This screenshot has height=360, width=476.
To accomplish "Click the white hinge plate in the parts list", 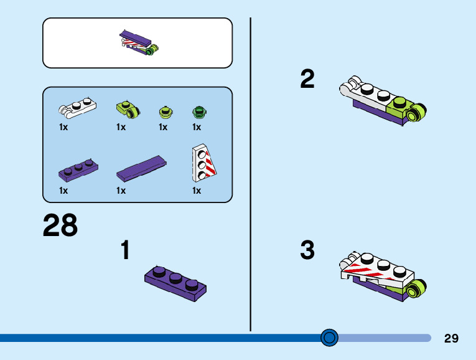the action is coord(77,108).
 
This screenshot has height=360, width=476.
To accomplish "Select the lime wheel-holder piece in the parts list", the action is coord(128,109).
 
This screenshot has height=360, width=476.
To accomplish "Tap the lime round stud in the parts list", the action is coord(166,111).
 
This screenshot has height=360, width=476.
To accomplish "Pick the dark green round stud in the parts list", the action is coord(200,111).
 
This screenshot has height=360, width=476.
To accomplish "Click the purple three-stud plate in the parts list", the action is coord(78,171).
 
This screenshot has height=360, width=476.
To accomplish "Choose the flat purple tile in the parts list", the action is coord(141,169).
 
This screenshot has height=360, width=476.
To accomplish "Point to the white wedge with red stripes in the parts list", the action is coord(204,163).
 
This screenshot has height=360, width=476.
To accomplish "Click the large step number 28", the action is coord(60,225).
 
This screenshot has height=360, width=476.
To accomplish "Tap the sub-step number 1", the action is coord(126,250).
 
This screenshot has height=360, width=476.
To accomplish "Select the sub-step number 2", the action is coord(307,78).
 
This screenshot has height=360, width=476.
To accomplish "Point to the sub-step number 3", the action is coord(307,250).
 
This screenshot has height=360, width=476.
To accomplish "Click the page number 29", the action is coord(451,338).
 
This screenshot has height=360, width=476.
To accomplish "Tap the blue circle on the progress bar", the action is coord(329,338).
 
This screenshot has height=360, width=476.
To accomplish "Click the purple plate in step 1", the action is coord(175,283).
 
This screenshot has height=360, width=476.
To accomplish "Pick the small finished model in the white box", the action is coord(139,43).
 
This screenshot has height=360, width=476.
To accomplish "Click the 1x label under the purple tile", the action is coord(121,191).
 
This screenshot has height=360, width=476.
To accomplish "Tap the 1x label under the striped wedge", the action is coord(197,191).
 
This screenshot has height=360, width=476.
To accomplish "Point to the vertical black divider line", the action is coord(251,174).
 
